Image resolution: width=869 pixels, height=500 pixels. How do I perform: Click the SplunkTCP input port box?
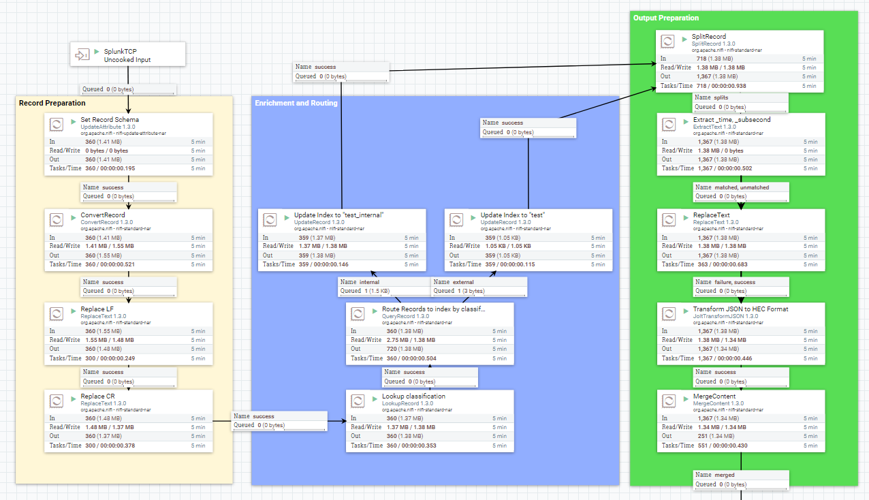(x=128, y=54)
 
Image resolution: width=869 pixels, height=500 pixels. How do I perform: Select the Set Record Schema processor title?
(x=110, y=120)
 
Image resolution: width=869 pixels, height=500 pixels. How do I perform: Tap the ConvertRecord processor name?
(x=103, y=215)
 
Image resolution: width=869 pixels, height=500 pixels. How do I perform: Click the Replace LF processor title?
(x=97, y=309)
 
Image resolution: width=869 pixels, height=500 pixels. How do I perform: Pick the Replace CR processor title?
(x=97, y=396)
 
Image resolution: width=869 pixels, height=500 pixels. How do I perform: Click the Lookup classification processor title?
(x=413, y=396)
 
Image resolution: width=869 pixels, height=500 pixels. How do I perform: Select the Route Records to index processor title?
(x=434, y=309)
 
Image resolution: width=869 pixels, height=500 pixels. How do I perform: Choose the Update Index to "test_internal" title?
(x=338, y=215)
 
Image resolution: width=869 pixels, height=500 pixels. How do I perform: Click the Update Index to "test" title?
(x=514, y=215)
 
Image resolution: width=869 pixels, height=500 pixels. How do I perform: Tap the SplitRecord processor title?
(x=709, y=37)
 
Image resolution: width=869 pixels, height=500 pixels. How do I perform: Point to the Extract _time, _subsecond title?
(x=731, y=120)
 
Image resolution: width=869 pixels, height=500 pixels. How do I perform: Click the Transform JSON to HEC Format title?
(x=740, y=309)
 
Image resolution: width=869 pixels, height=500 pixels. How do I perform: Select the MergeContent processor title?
(x=714, y=396)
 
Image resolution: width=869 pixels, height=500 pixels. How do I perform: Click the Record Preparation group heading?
(x=52, y=103)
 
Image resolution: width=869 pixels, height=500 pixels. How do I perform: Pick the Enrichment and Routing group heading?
(x=296, y=103)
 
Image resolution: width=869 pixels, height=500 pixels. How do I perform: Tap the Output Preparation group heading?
(x=665, y=18)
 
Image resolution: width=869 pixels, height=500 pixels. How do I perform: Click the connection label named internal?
(x=369, y=282)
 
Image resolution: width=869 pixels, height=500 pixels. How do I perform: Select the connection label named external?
(x=463, y=282)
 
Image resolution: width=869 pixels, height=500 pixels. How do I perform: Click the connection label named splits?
(x=721, y=97)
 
